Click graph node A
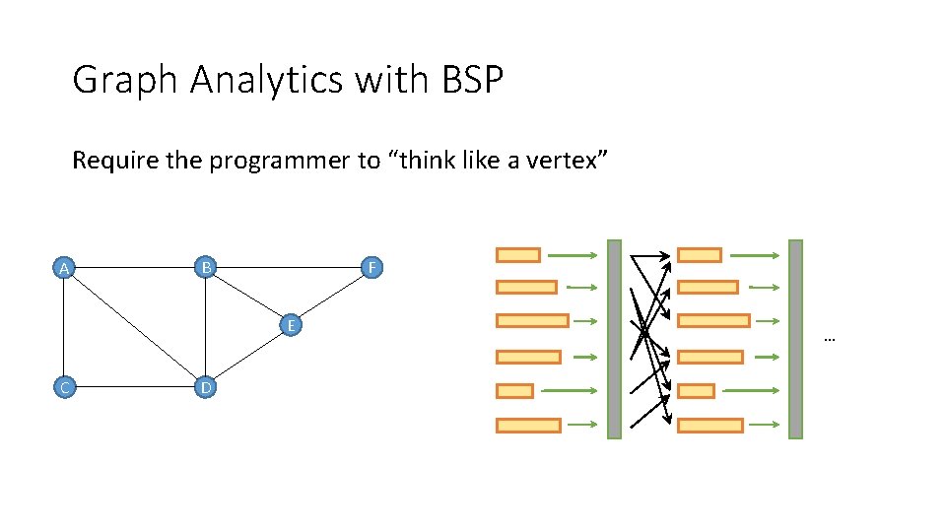coord(64,268)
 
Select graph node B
coord(205,267)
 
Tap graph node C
coord(64,387)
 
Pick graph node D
coord(205,387)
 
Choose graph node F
coord(371,268)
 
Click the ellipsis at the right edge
coord(829,339)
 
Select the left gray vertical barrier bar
coord(614,339)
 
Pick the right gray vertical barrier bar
coord(795,339)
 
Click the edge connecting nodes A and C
coord(64,327)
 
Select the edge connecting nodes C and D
coord(134,387)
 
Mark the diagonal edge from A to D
coord(134,327)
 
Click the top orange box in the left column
coord(517,255)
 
